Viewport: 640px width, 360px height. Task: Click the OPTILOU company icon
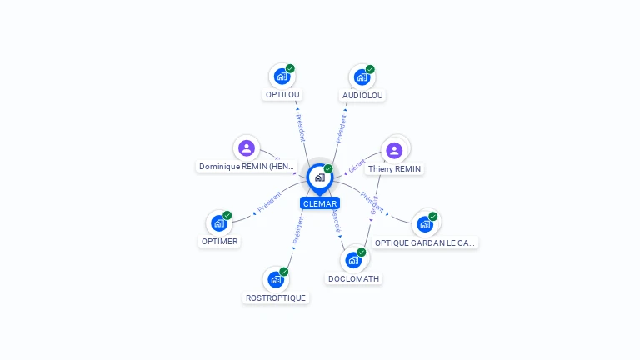tap(282, 77)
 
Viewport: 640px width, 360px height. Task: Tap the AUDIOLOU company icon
tap(362, 77)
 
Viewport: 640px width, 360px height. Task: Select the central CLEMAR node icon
tap(319, 177)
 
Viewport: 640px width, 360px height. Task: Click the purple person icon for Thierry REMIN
tap(394, 150)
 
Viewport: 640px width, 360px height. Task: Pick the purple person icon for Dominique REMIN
tap(246, 148)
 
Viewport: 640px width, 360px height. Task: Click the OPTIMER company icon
tap(218, 223)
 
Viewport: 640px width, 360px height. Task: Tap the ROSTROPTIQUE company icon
tap(275, 279)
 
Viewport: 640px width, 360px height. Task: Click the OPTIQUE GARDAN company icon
tap(425, 223)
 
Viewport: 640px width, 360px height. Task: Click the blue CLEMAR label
tap(320, 203)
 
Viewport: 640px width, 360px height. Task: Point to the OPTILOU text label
tap(282, 95)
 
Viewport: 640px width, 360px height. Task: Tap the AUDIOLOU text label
tap(362, 95)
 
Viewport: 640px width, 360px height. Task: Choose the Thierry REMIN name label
tap(395, 168)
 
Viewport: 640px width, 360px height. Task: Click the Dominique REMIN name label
tap(247, 166)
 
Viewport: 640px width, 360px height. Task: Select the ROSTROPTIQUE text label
tap(276, 297)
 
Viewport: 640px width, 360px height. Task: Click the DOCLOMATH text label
tap(354, 278)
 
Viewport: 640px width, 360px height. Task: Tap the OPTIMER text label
tap(219, 242)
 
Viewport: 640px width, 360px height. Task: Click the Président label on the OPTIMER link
tap(269, 202)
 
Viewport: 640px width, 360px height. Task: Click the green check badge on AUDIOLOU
tap(370, 69)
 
